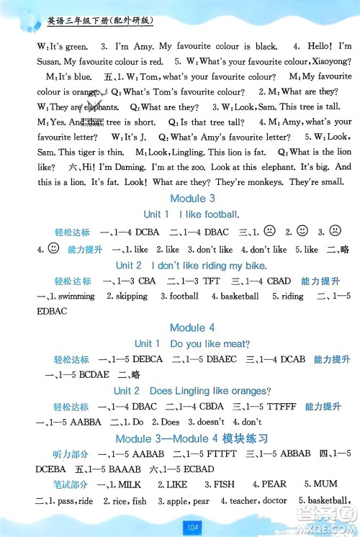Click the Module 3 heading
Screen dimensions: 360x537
pos(192,198)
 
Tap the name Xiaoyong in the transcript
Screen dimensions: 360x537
pos(330,61)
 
